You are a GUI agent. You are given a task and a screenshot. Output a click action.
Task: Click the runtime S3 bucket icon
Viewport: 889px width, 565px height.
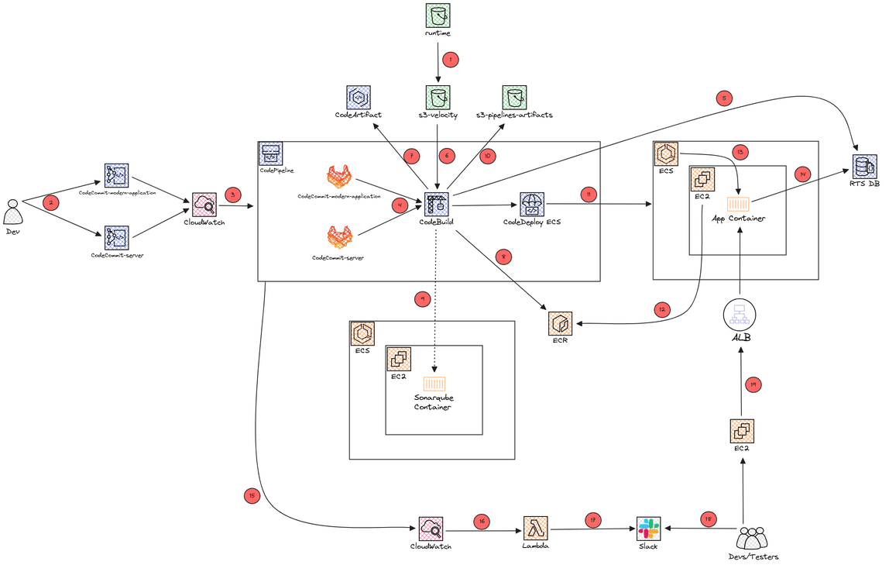438,16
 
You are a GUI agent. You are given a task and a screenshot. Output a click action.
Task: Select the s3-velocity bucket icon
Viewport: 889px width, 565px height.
438,97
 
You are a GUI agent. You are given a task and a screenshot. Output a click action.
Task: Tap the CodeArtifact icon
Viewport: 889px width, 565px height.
358,97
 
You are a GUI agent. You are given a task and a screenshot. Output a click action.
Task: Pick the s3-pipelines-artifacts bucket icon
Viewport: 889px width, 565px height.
514,97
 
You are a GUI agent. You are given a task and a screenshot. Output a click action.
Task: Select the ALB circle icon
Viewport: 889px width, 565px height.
740,315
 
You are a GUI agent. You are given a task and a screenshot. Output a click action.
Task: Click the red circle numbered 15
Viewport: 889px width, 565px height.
251,495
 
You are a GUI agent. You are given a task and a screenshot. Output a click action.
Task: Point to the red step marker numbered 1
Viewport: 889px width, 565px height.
449,58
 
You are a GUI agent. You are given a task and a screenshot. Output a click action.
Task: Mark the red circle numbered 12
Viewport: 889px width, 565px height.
661,309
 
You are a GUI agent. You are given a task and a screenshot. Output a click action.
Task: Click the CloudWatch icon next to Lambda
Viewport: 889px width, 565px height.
430,529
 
